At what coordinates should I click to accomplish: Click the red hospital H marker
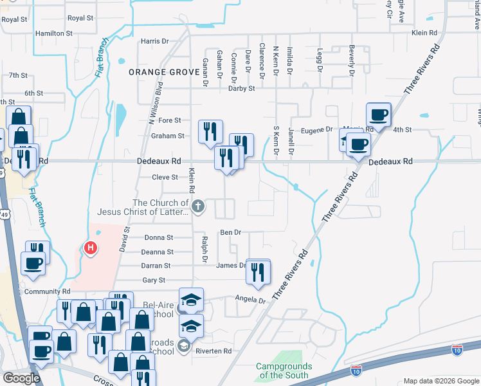point(91,247)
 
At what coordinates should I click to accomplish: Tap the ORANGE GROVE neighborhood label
point(164,72)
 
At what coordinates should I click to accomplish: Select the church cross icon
point(199,207)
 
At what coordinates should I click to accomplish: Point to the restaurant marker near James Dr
point(258,271)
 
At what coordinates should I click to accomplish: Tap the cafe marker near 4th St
point(379,115)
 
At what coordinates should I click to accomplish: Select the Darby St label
point(242,89)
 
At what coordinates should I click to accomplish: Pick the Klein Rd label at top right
point(424,32)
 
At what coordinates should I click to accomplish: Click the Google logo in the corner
point(21,378)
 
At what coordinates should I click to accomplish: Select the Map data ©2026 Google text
point(441,381)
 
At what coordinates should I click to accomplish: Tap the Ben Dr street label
point(230,232)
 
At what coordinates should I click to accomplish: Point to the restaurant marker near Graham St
point(210,132)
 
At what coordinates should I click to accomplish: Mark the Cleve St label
point(165,178)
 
